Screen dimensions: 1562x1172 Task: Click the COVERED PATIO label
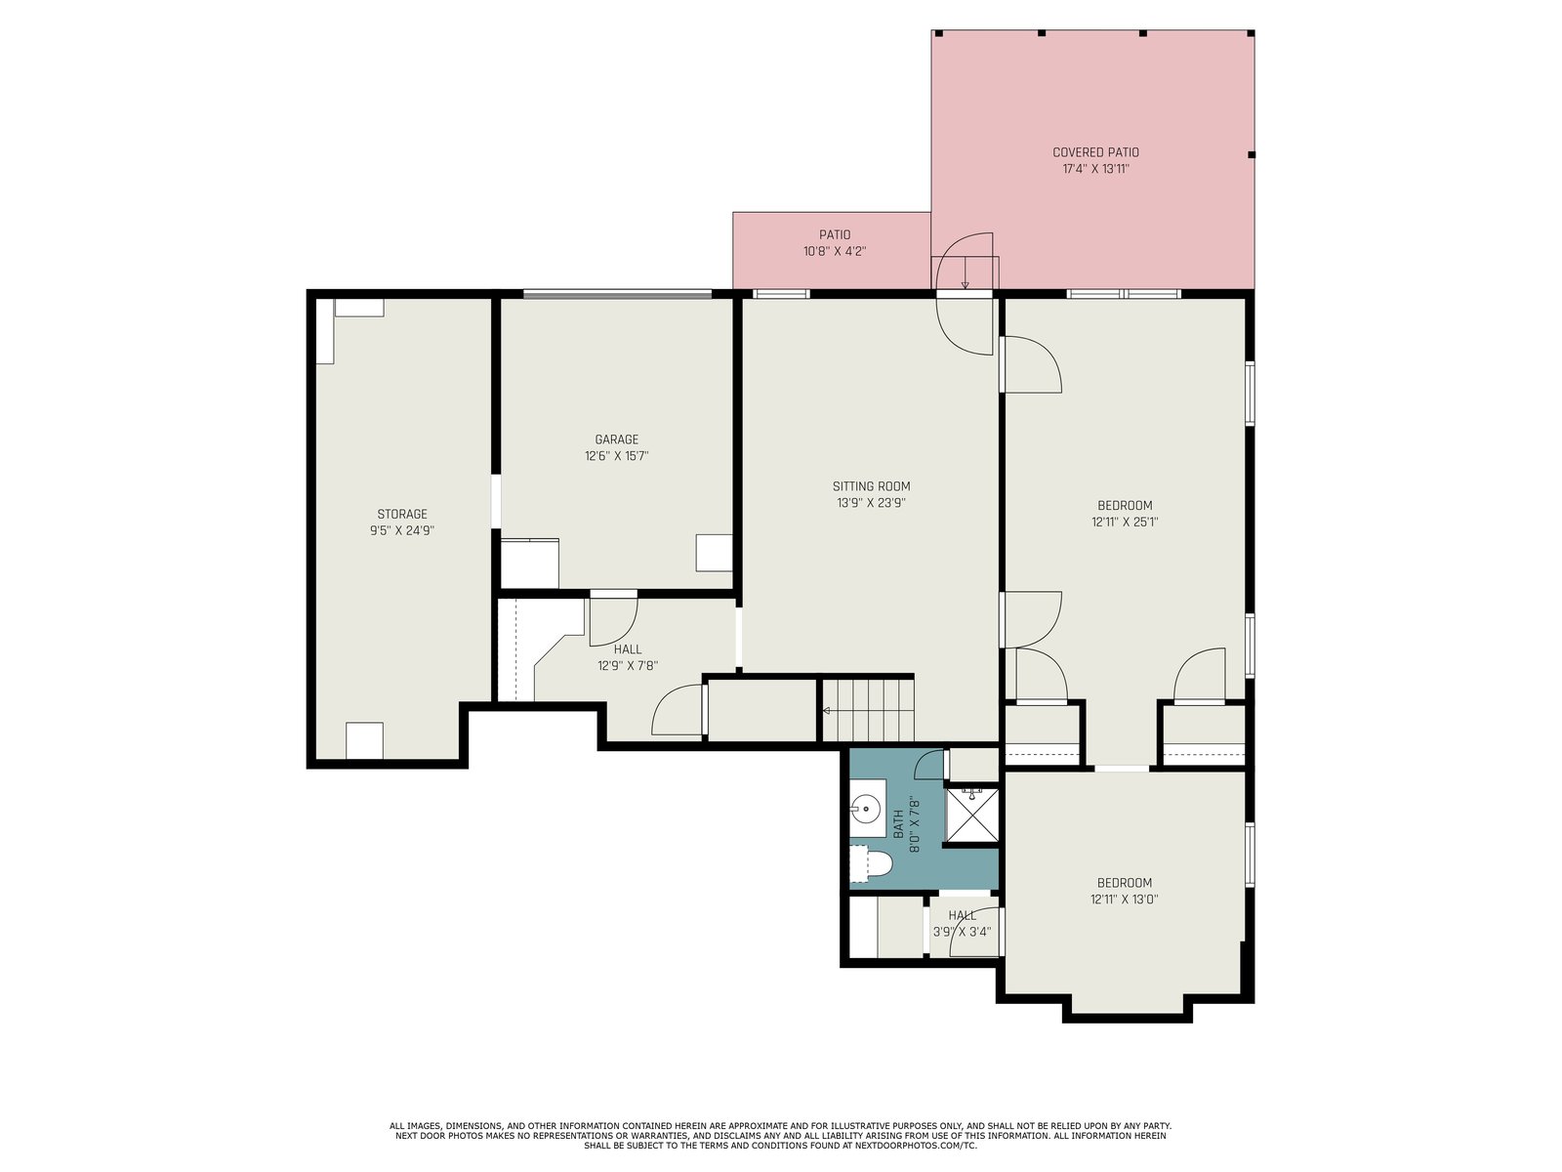1095,152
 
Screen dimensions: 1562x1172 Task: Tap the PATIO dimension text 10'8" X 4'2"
834,251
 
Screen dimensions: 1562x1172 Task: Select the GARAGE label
616,439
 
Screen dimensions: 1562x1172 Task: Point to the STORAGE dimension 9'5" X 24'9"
402,531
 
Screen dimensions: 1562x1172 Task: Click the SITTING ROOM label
871,486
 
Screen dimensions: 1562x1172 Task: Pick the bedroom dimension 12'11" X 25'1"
1125,523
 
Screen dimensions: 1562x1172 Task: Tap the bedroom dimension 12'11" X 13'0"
1125,900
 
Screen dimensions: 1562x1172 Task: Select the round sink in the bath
865,808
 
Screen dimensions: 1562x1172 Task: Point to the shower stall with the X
970,815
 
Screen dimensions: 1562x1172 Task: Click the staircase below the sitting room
868,710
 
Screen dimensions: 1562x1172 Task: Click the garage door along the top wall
617,293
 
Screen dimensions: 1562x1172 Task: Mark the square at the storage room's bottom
364,741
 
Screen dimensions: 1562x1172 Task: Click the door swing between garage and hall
613,618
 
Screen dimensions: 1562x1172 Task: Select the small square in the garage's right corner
714,553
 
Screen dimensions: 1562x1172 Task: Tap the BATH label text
898,824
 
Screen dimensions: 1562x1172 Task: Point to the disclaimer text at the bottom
780,1136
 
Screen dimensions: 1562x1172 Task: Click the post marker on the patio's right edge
1252,154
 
